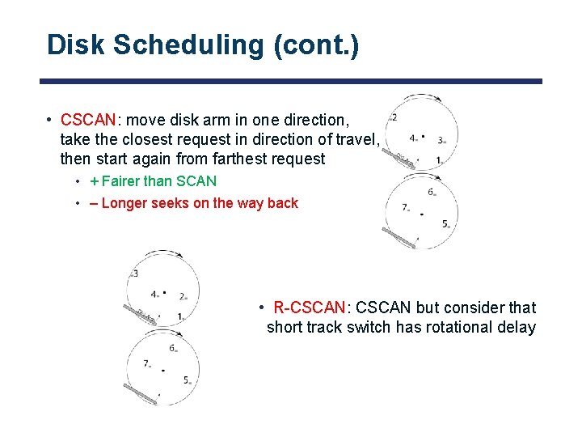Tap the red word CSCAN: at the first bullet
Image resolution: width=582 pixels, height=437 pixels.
pos(89,120)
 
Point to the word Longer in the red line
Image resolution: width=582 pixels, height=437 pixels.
pos(124,203)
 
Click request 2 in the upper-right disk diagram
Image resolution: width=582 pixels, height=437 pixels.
pos(394,118)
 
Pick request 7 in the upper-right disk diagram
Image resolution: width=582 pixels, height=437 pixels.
pos(405,207)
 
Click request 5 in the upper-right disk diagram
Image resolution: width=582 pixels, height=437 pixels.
pos(445,223)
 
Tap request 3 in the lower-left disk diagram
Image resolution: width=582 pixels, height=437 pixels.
pos(135,274)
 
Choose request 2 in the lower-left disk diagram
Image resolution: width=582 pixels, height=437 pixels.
pos(183,296)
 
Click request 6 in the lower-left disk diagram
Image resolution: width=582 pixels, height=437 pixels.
pos(172,348)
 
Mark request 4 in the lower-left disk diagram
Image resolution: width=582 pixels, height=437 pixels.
pos(154,294)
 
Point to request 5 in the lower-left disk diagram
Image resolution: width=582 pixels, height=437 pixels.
pos(186,380)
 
